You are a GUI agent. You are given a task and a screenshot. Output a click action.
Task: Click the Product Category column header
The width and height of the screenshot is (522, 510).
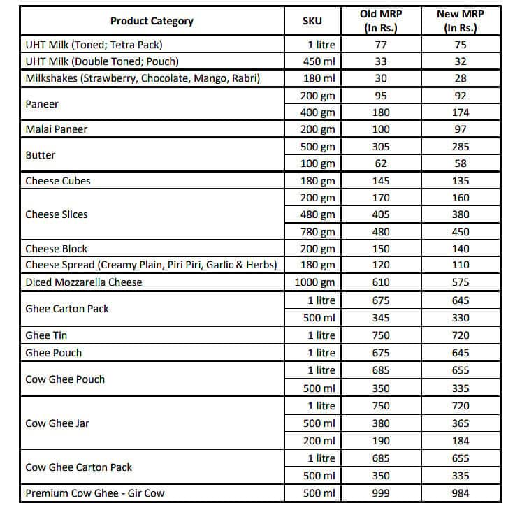click(152, 21)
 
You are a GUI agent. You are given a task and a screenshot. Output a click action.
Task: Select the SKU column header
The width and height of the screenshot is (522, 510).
click(312, 21)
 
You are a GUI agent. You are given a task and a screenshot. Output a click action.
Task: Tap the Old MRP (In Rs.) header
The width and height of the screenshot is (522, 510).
click(381, 21)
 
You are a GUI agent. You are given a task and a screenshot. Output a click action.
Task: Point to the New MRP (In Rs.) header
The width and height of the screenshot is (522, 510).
click(461, 21)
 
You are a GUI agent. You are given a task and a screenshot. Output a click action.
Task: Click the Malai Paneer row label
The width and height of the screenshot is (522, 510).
click(57, 129)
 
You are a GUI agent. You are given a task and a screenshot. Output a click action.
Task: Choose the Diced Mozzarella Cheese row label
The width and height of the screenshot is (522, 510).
click(84, 282)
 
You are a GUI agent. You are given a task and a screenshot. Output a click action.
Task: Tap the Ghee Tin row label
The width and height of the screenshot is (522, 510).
click(48, 335)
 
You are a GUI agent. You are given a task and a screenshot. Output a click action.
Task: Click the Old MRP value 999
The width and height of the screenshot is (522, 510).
click(382, 493)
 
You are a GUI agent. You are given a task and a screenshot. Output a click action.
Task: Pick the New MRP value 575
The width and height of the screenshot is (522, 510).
click(461, 282)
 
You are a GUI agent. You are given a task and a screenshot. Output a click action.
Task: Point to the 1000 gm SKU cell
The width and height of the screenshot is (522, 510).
click(317, 282)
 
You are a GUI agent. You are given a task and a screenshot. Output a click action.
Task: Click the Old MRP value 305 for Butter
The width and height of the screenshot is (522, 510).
click(382, 147)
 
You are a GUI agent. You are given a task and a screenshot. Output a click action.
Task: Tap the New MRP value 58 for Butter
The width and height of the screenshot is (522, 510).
click(461, 163)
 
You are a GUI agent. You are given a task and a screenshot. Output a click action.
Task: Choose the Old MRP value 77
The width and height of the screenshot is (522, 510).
click(382, 45)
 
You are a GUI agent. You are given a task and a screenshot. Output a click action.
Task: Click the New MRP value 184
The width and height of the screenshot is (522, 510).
click(461, 441)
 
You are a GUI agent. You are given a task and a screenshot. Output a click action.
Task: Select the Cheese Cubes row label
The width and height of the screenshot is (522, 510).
click(58, 181)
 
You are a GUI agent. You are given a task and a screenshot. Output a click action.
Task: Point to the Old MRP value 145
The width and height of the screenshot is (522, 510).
click(382, 181)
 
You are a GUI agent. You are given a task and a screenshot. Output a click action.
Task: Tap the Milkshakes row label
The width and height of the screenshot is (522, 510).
click(143, 78)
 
